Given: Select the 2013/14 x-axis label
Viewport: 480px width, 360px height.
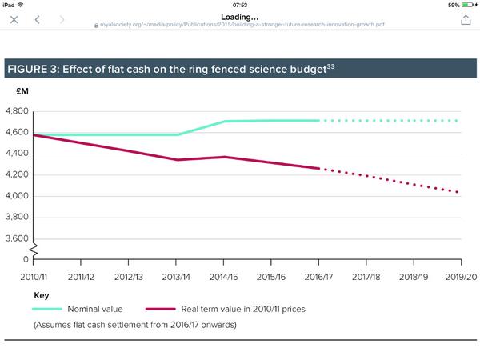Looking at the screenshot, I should pyautogui.click(x=176, y=276).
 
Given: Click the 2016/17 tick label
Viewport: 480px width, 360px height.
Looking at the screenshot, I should pyautogui.click(x=318, y=276).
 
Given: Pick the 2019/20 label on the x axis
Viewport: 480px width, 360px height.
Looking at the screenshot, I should pyautogui.click(x=460, y=276).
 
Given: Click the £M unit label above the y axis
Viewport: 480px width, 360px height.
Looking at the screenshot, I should pyautogui.click(x=22, y=91).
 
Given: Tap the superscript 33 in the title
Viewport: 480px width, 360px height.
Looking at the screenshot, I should pyautogui.click(x=329, y=65).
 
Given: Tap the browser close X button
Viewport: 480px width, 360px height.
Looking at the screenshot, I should pyautogui.click(x=14, y=19).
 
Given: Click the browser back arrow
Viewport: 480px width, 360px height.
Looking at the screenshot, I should pyautogui.click(x=38, y=19).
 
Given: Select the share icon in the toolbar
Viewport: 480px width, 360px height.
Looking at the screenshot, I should pyautogui.click(x=466, y=19).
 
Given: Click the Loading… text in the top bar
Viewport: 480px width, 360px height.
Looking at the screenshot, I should pyautogui.click(x=240, y=16).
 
